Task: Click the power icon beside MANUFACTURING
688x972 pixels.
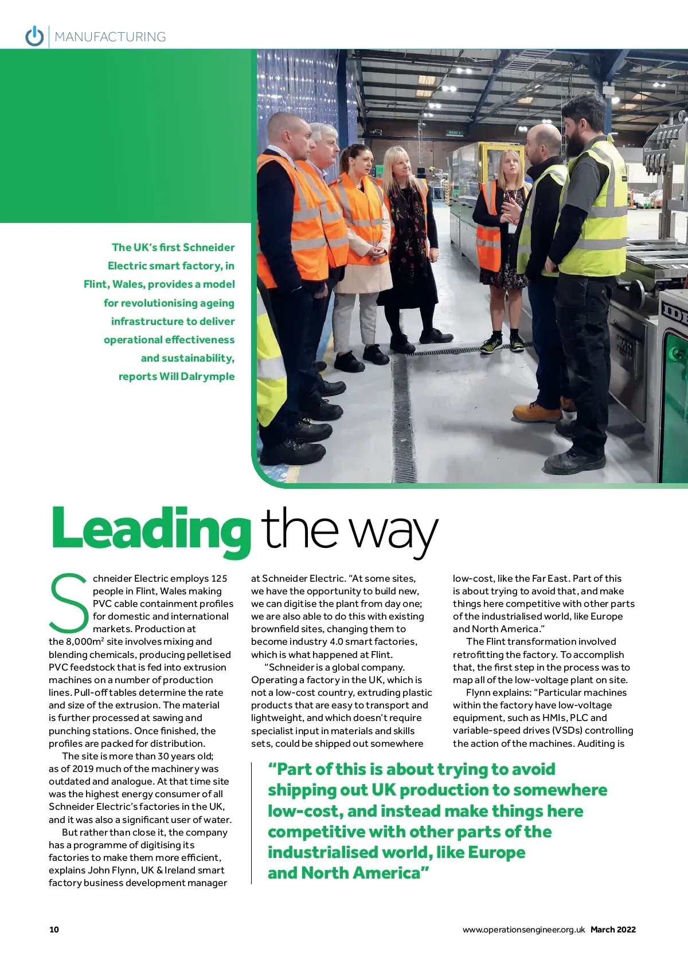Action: (34, 36)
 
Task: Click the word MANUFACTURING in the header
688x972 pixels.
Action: (110, 37)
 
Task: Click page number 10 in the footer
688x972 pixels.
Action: (54, 930)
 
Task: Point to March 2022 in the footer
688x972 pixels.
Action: (613, 930)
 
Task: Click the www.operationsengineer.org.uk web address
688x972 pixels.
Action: (523, 930)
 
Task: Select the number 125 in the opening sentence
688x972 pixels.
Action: (219, 578)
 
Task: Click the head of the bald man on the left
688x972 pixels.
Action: (284, 131)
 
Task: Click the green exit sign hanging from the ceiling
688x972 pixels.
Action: (455, 132)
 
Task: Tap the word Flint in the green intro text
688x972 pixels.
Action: (96, 284)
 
